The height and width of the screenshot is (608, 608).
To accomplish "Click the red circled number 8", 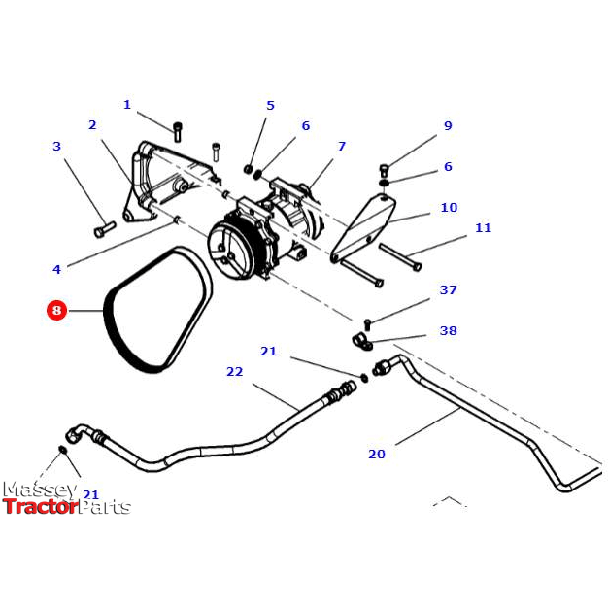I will click(56, 311).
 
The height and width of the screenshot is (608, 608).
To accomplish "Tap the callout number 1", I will click(126, 105).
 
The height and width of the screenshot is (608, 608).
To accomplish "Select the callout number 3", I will click(56, 147).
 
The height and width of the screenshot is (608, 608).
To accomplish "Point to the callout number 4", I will click(56, 269).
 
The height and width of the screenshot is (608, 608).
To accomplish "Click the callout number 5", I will click(270, 106).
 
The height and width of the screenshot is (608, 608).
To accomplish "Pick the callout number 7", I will click(341, 147).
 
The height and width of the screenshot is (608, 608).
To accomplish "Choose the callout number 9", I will click(448, 125).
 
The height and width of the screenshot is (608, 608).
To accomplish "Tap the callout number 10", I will click(448, 208).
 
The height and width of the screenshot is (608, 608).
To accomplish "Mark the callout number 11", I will click(483, 228).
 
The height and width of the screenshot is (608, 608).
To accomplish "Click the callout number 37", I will click(448, 290).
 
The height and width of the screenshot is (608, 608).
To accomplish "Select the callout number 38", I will click(448, 331).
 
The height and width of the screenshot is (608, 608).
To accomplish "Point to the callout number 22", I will click(234, 372).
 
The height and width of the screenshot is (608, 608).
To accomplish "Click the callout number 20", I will click(377, 454).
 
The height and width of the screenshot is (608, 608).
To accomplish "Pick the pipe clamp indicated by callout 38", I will click(361, 342).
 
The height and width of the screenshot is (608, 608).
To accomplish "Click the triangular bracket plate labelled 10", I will click(367, 225).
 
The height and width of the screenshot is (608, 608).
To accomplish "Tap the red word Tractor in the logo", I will click(40, 506).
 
